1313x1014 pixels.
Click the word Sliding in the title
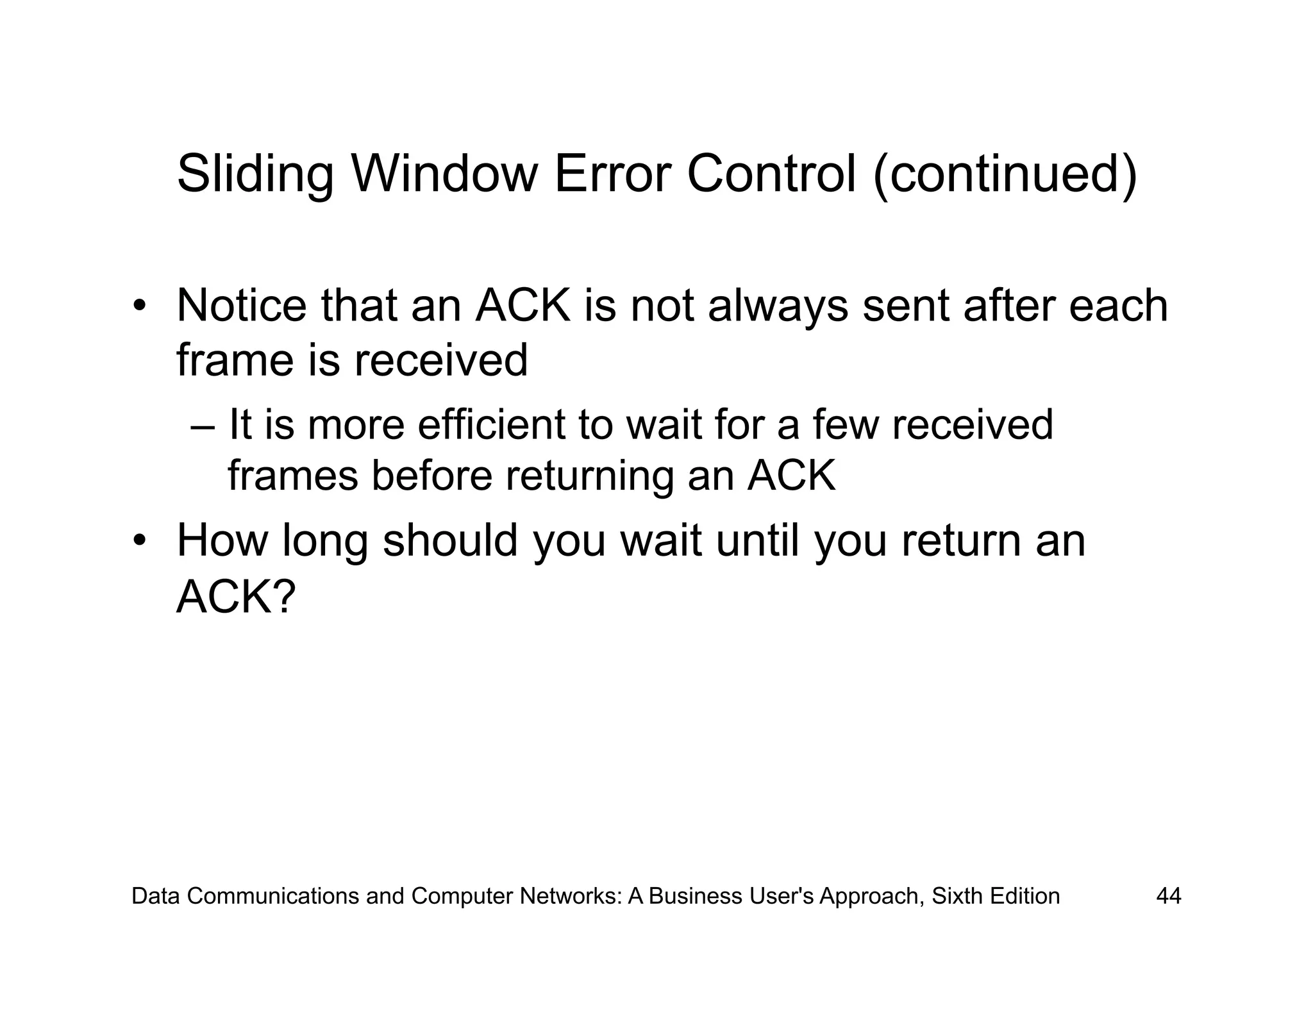(255, 174)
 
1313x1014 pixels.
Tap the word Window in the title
(444, 174)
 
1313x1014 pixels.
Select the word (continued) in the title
(1005, 174)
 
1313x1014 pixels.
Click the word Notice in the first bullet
(242, 306)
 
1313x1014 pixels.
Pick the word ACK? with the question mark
(235, 597)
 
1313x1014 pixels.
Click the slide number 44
(1168, 896)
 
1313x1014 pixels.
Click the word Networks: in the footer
(571, 896)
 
